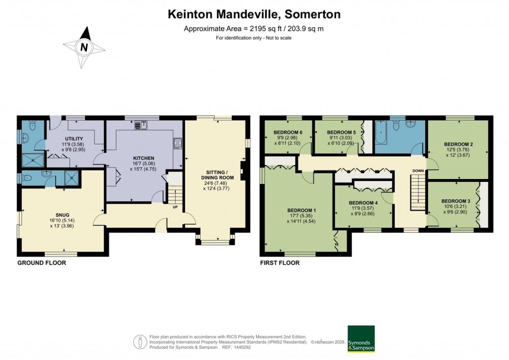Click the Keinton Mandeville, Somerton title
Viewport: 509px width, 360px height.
[x=254, y=14]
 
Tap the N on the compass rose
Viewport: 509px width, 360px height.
[x=84, y=48]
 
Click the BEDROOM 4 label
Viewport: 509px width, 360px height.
[x=363, y=203]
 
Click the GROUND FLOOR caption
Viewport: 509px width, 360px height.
[x=42, y=263]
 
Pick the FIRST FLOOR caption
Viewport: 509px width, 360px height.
[x=280, y=263]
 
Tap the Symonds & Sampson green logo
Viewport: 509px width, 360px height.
[x=360, y=339]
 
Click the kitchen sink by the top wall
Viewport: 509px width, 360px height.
[x=141, y=125]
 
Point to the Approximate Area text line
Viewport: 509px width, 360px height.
[x=254, y=28]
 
